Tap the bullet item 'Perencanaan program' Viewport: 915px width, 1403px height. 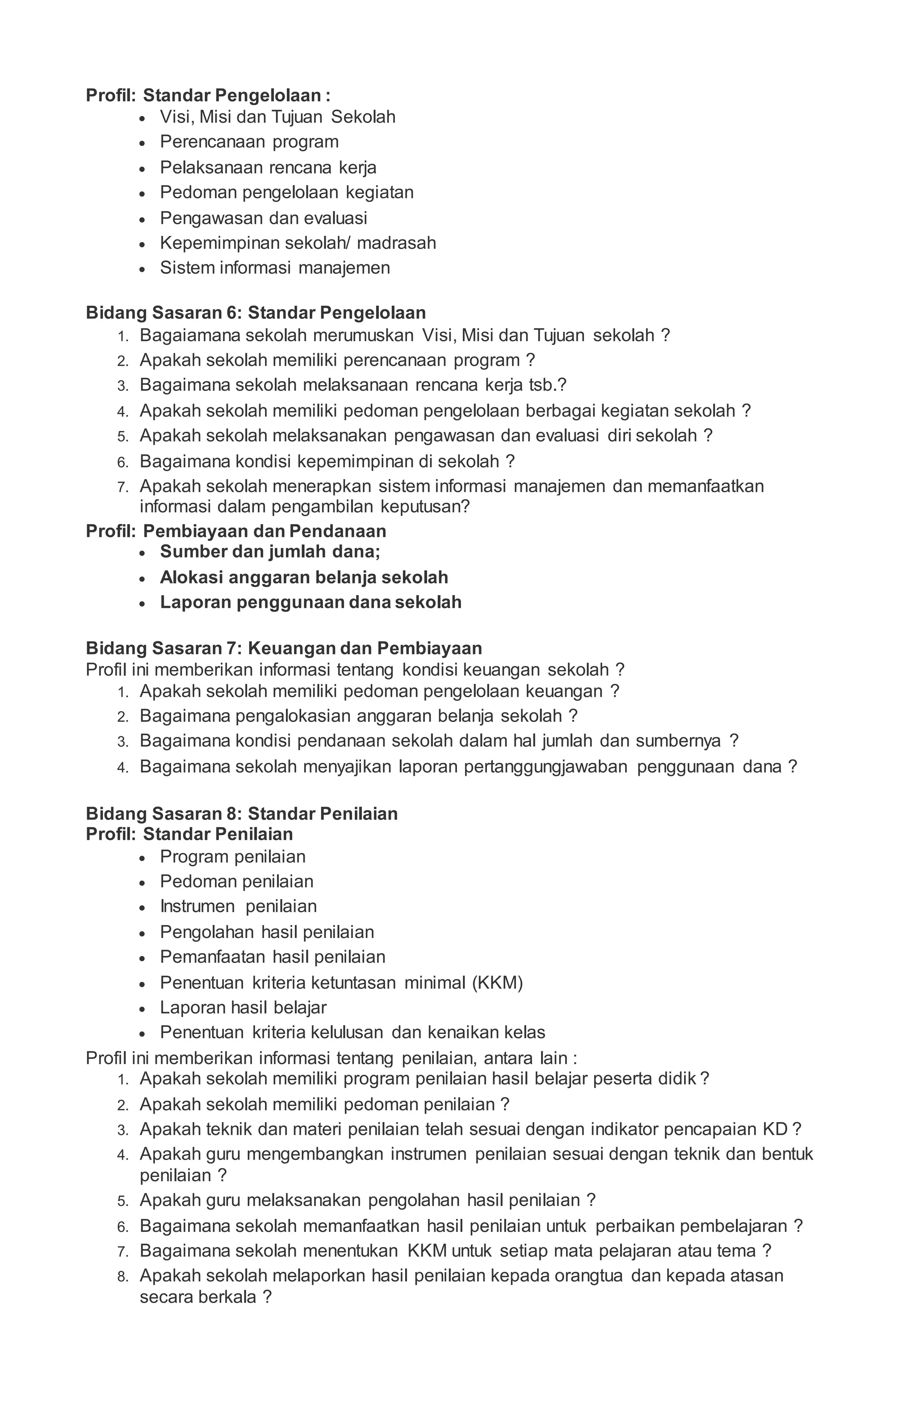(x=249, y=142)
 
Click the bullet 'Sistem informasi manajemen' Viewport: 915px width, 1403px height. (x=275, y=268)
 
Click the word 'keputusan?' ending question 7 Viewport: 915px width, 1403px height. (x=424, y=507)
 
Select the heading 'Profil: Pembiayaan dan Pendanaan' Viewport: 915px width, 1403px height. (x=236, y=531)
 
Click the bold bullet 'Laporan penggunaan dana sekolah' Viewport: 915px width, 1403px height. (x=310, y=603)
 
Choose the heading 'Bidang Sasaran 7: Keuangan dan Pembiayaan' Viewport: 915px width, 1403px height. (x=284, y=649)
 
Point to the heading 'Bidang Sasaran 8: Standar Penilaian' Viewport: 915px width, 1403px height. (x=242, y=814)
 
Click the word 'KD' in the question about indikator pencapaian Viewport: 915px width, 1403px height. (x=775, y=1130)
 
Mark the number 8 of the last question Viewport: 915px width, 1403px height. (x=122, y=1277)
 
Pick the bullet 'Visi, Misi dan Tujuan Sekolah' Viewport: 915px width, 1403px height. (x=277, y=117)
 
